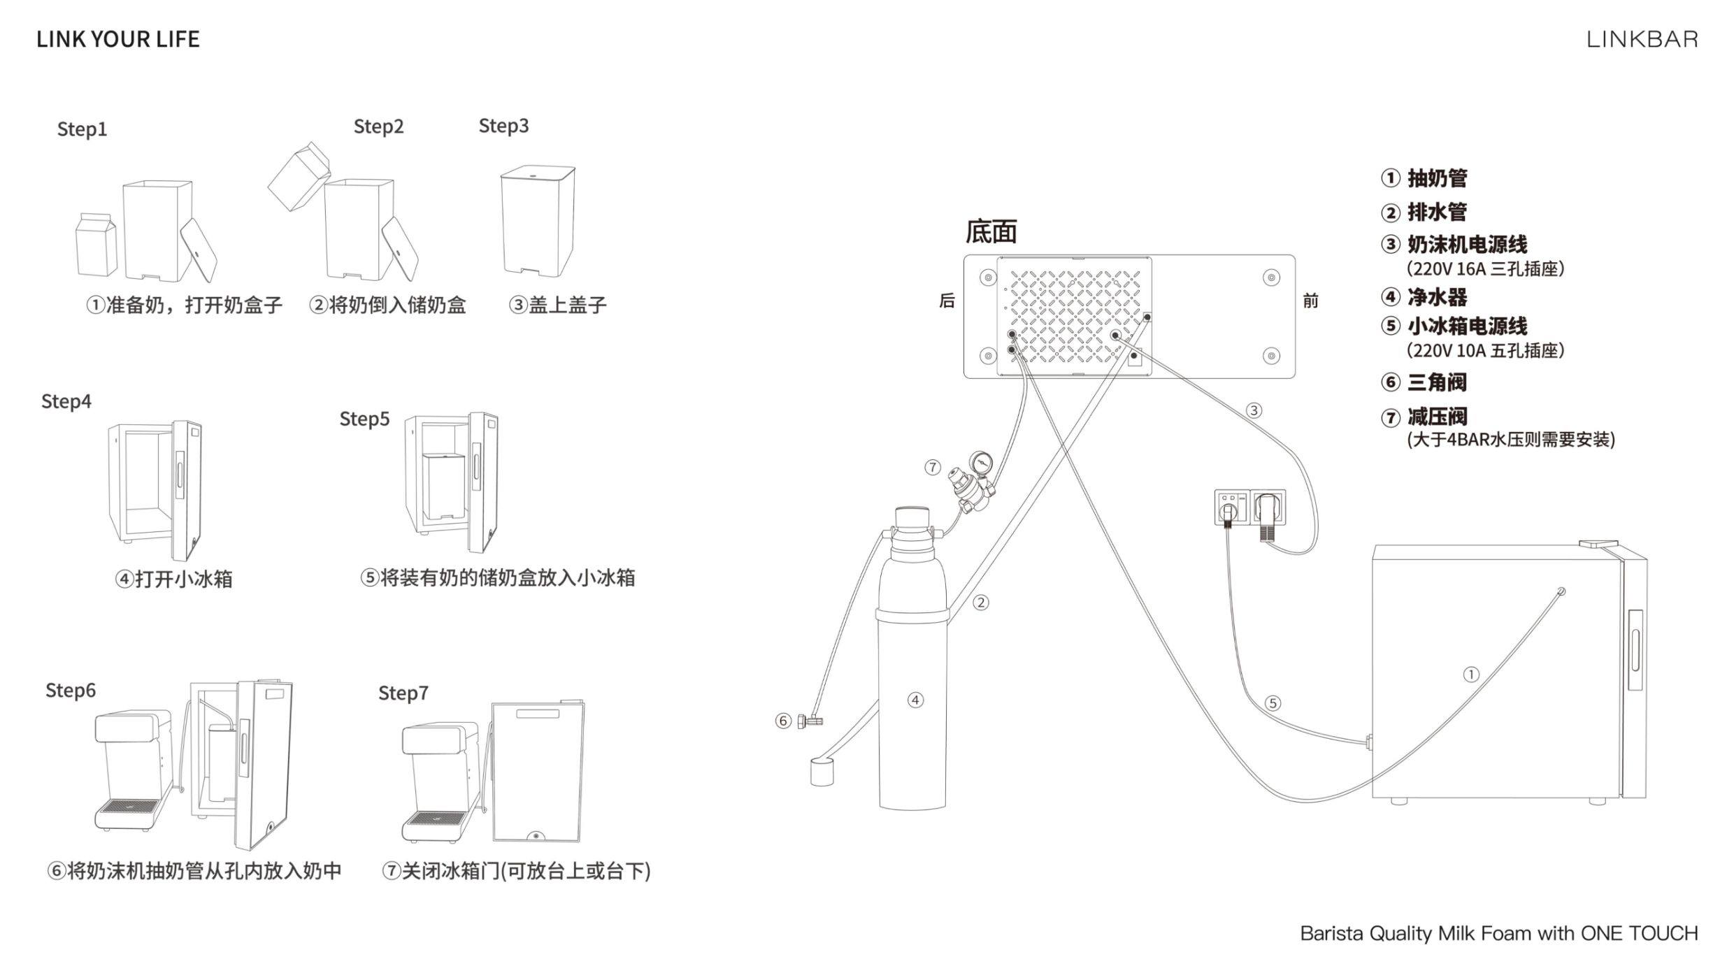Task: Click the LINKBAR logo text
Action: tap(1642, 39)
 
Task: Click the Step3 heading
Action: tap(503, 126)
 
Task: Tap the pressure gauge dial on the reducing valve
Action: tap(980, 461)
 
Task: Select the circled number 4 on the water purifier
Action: tap(915, 700)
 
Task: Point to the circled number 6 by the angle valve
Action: tap(783, 721)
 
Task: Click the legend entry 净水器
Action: tap(1436, 297)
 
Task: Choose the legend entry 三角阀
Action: tap(1436, 382)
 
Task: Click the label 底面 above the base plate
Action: tap(991, 231)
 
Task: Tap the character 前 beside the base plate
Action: tap(1310, 301)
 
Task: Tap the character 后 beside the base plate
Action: tap(947, 301)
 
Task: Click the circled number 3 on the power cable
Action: tap(1254, 410)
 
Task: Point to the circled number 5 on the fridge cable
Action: tap(1273, 703)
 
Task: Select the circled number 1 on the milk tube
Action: tap(1471, 675)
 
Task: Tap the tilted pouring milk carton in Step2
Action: tap(299, 176)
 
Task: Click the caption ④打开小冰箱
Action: tap(173, 579)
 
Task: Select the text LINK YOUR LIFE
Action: tap(118, 39)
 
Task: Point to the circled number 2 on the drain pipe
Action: tap(981, 603)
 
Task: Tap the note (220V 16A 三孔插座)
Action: tap(1485, 269)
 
